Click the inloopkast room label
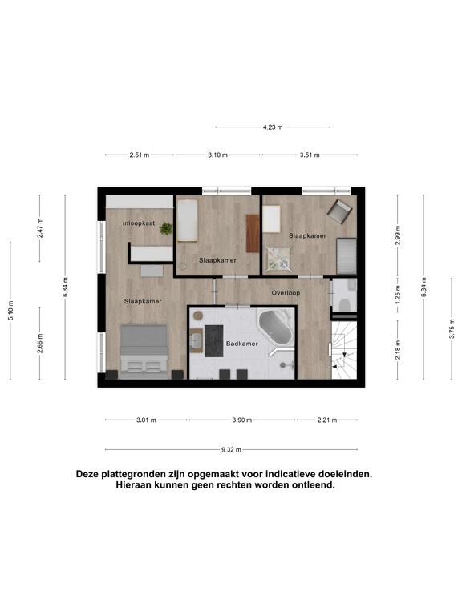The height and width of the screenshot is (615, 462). (139, 223)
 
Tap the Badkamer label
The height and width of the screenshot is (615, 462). (242, 344)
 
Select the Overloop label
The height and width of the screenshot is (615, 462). (286, 293)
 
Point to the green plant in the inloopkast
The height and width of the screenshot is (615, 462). (166, 228)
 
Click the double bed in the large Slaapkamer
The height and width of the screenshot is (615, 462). (144, 352)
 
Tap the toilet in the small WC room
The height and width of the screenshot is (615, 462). (345, 304)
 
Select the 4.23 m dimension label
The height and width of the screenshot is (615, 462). (273, 127)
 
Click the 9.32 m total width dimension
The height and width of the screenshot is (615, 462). (231, 450)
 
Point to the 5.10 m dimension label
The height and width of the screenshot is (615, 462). (11, 311)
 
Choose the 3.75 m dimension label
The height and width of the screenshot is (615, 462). (452, 328)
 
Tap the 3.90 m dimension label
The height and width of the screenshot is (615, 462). (242, 420)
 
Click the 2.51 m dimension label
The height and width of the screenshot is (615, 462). (140, 155)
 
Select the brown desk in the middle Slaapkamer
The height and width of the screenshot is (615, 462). (253, 233)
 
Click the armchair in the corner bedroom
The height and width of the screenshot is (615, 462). (339, 211)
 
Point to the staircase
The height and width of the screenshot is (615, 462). (344, 350)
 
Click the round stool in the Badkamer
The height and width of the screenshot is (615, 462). (197, 315)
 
